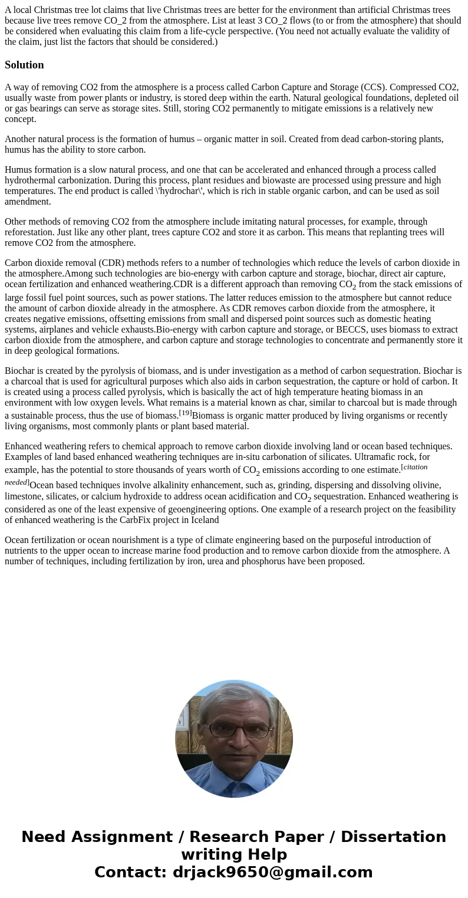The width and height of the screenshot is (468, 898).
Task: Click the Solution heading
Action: (x=24, y=65)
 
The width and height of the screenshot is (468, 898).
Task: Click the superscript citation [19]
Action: (x=185, y=413)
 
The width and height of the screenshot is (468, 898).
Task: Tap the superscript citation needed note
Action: (x=17, y=482)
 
